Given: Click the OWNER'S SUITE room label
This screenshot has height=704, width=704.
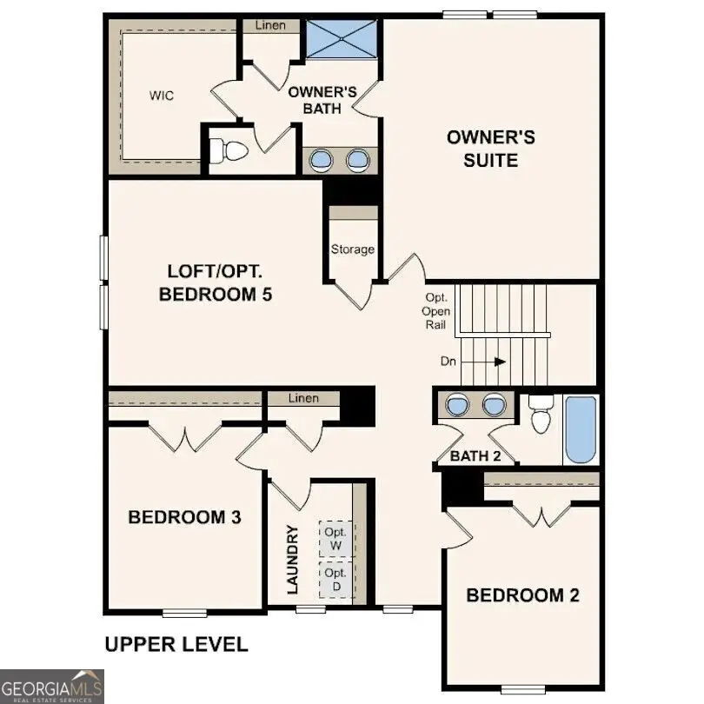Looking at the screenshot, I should click(490, 149).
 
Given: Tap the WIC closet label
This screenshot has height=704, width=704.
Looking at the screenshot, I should click(162, 96).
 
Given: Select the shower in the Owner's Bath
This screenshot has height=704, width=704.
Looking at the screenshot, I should click(340, 38).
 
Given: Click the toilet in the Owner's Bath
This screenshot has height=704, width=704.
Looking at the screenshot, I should click(230, 152).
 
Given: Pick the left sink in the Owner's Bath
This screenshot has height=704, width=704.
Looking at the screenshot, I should click(322, 160).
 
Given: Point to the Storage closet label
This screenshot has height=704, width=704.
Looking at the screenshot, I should click(352, 249).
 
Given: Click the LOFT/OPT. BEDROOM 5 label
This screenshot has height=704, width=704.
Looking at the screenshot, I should click(216, 282).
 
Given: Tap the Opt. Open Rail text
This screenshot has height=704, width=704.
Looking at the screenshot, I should click(435, 311).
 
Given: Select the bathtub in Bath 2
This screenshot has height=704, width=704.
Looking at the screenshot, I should click(580, 429).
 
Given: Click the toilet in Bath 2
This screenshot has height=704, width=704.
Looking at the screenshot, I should click(541, 415).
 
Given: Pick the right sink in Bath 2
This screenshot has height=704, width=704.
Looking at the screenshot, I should click(494, 405).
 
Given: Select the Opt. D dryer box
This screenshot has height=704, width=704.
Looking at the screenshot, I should click(335, 580).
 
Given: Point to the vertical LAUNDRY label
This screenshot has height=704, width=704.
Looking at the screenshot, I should click(293, 560).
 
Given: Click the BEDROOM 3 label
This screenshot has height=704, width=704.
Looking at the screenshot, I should click(184, 518).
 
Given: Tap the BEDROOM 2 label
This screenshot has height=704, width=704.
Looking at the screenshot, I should click(522, 595).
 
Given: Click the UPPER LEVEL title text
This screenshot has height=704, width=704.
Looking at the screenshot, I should click(176, 644).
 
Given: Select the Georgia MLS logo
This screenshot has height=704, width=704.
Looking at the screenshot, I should click(52, 686).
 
